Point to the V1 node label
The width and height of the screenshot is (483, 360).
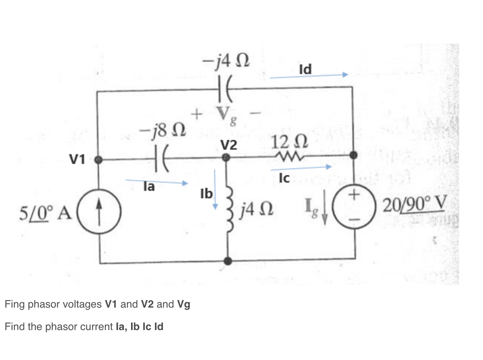click(77, 159)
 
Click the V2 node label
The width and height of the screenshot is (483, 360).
click(228, 145)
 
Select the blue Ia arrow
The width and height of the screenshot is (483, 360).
click(157, 182)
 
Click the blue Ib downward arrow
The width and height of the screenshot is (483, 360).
click(215, 189)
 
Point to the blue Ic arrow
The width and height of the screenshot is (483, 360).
click(301, 168)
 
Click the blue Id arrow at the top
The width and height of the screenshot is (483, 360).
click(309, 76)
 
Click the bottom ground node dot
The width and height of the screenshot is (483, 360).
click(227, 260)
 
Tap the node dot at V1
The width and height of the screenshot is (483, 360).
click(98, 160)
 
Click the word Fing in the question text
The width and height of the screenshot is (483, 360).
click(15, 304)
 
